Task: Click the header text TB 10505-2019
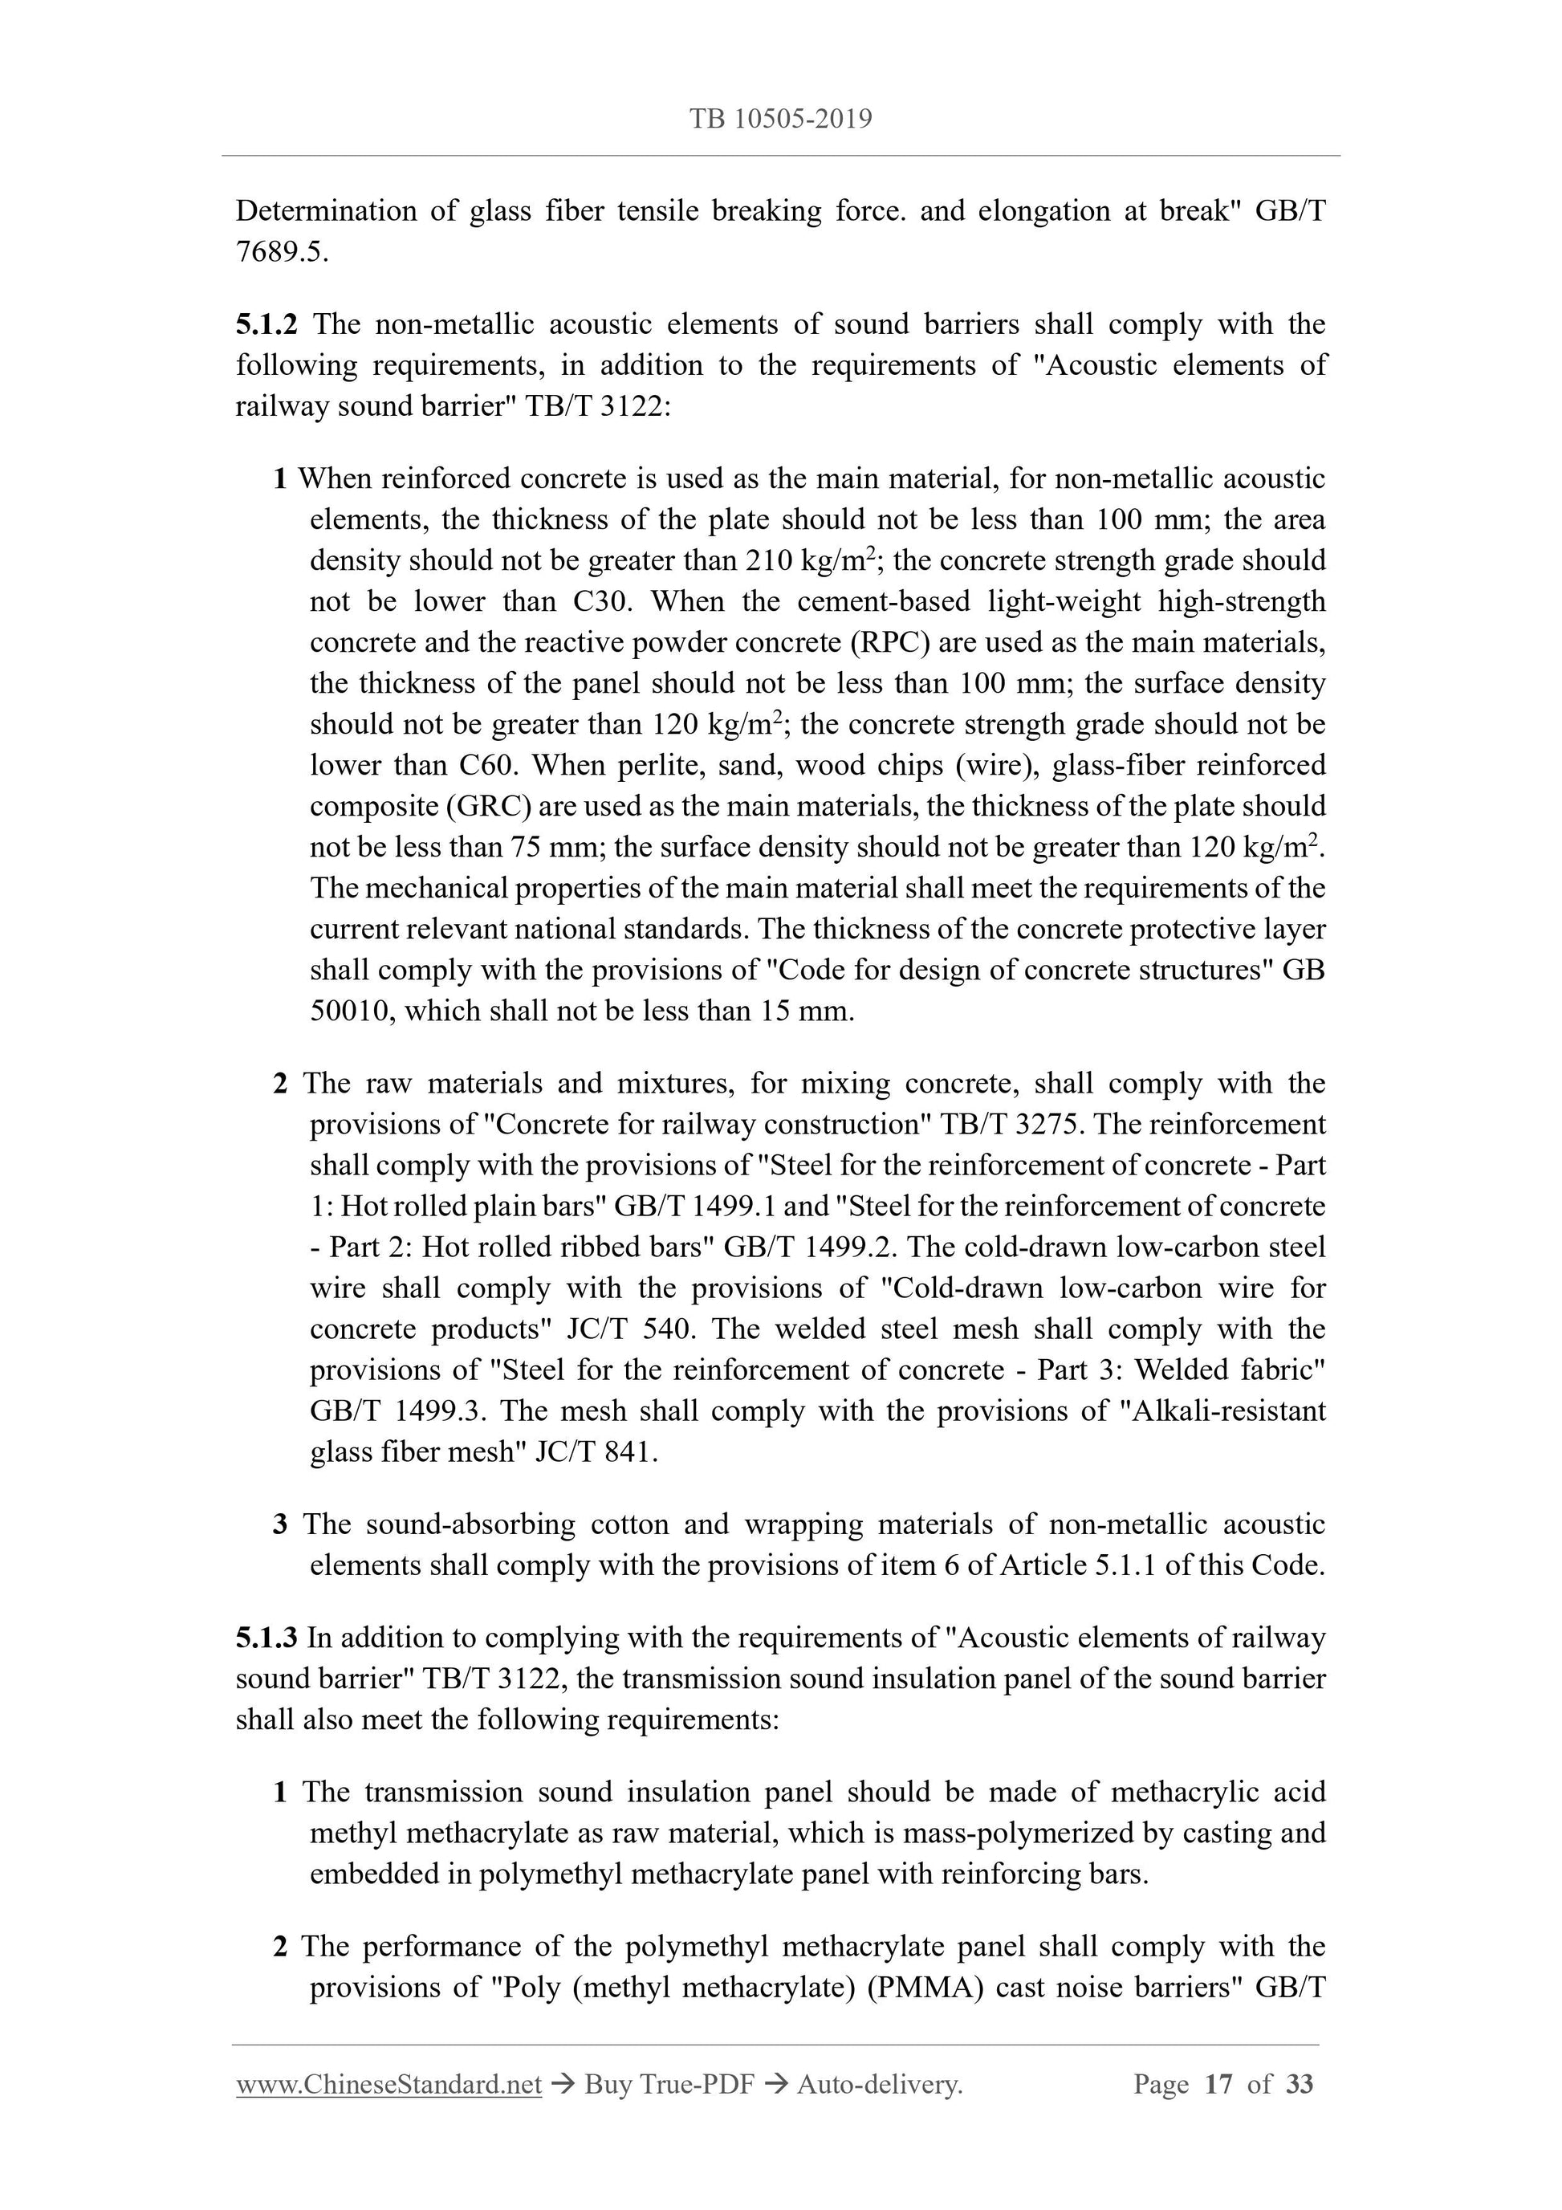pos(780,120)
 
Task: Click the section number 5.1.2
pos(266,324)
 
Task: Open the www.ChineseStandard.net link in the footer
pos(388,2085)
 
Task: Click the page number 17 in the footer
pos(1218,2085)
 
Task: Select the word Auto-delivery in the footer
pos(879,2085)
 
